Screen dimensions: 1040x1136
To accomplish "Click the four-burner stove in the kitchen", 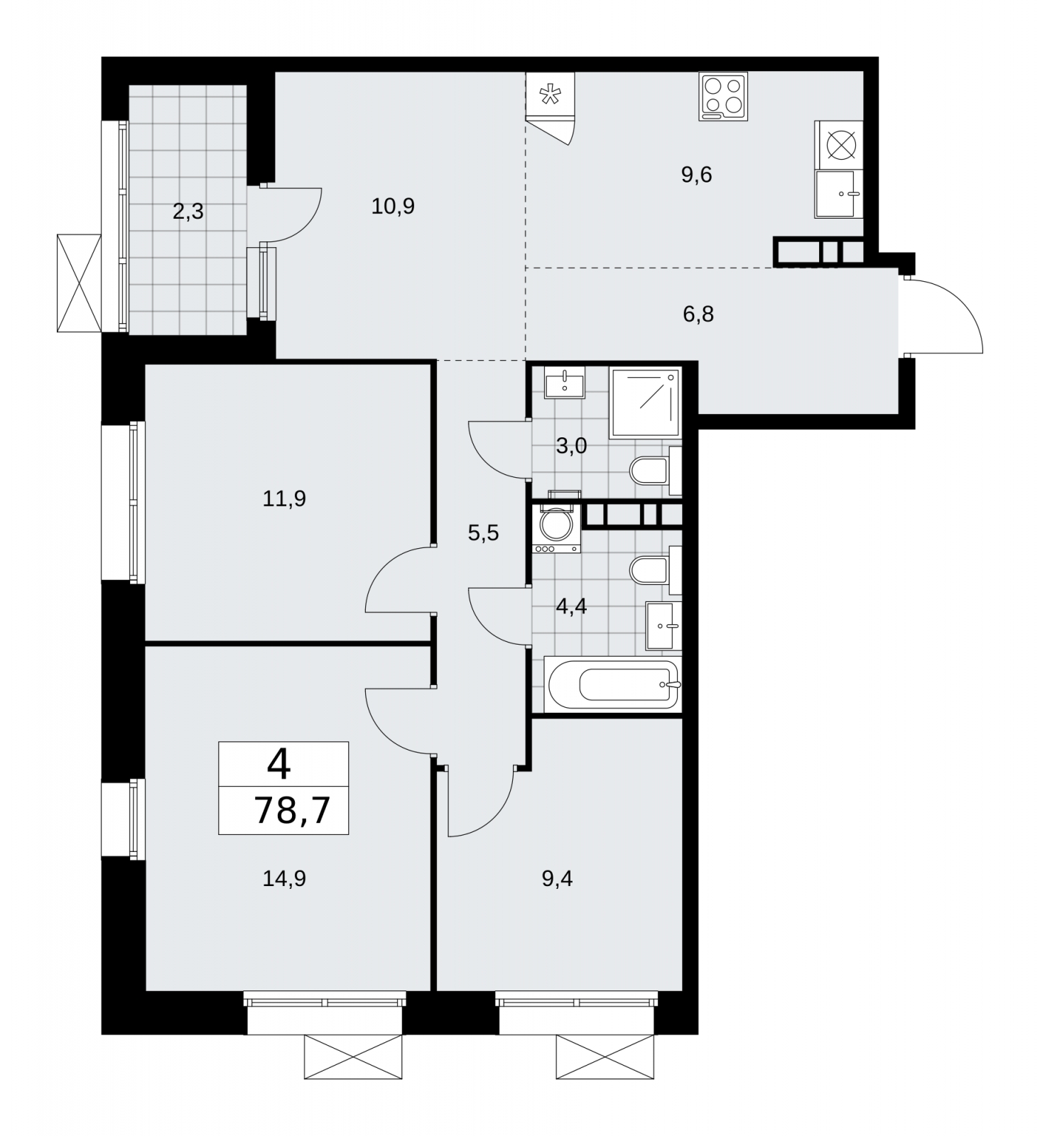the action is tap(723, 97).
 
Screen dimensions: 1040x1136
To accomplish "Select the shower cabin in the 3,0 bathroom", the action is tap(645, 403).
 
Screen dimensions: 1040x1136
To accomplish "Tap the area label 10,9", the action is tap(393, 207).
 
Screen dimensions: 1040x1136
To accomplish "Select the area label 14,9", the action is tap(284, 879).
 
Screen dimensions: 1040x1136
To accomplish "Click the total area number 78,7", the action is tap(292, 810).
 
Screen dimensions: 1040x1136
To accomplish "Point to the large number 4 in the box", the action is tap(279, 765).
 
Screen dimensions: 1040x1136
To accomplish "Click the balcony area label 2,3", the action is tap(188, 212).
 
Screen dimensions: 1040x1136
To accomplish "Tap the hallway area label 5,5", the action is tap(483, 533).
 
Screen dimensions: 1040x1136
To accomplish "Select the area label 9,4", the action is tap(557, 879).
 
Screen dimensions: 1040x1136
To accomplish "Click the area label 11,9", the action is tap(284, 499).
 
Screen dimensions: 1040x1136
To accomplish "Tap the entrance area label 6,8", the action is tap(698, 314).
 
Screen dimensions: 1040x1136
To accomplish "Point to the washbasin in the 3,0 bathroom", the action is tap(565, 383).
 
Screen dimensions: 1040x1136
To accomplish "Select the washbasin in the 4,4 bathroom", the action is tap(663, 626).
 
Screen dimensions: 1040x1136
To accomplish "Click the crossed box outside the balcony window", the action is tap(79, 283).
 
